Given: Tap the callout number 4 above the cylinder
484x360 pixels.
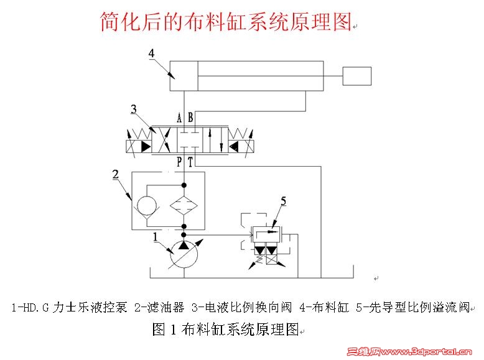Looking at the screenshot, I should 151,54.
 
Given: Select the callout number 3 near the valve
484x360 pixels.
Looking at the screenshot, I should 133,110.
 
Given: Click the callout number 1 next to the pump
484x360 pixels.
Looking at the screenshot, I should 156,236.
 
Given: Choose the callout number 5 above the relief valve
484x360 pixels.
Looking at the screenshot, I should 283,201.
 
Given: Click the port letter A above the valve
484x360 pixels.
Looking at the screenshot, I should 179,118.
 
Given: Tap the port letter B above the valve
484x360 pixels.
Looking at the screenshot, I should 190,118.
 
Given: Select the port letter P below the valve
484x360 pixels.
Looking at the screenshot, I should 179,162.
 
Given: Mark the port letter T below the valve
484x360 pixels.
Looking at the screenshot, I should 190,162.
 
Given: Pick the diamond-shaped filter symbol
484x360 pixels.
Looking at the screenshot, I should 184,205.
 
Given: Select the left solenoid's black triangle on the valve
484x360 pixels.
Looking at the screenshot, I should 144,147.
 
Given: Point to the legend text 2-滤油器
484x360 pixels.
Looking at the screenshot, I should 161,307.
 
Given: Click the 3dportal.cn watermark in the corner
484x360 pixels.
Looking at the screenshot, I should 413,352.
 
